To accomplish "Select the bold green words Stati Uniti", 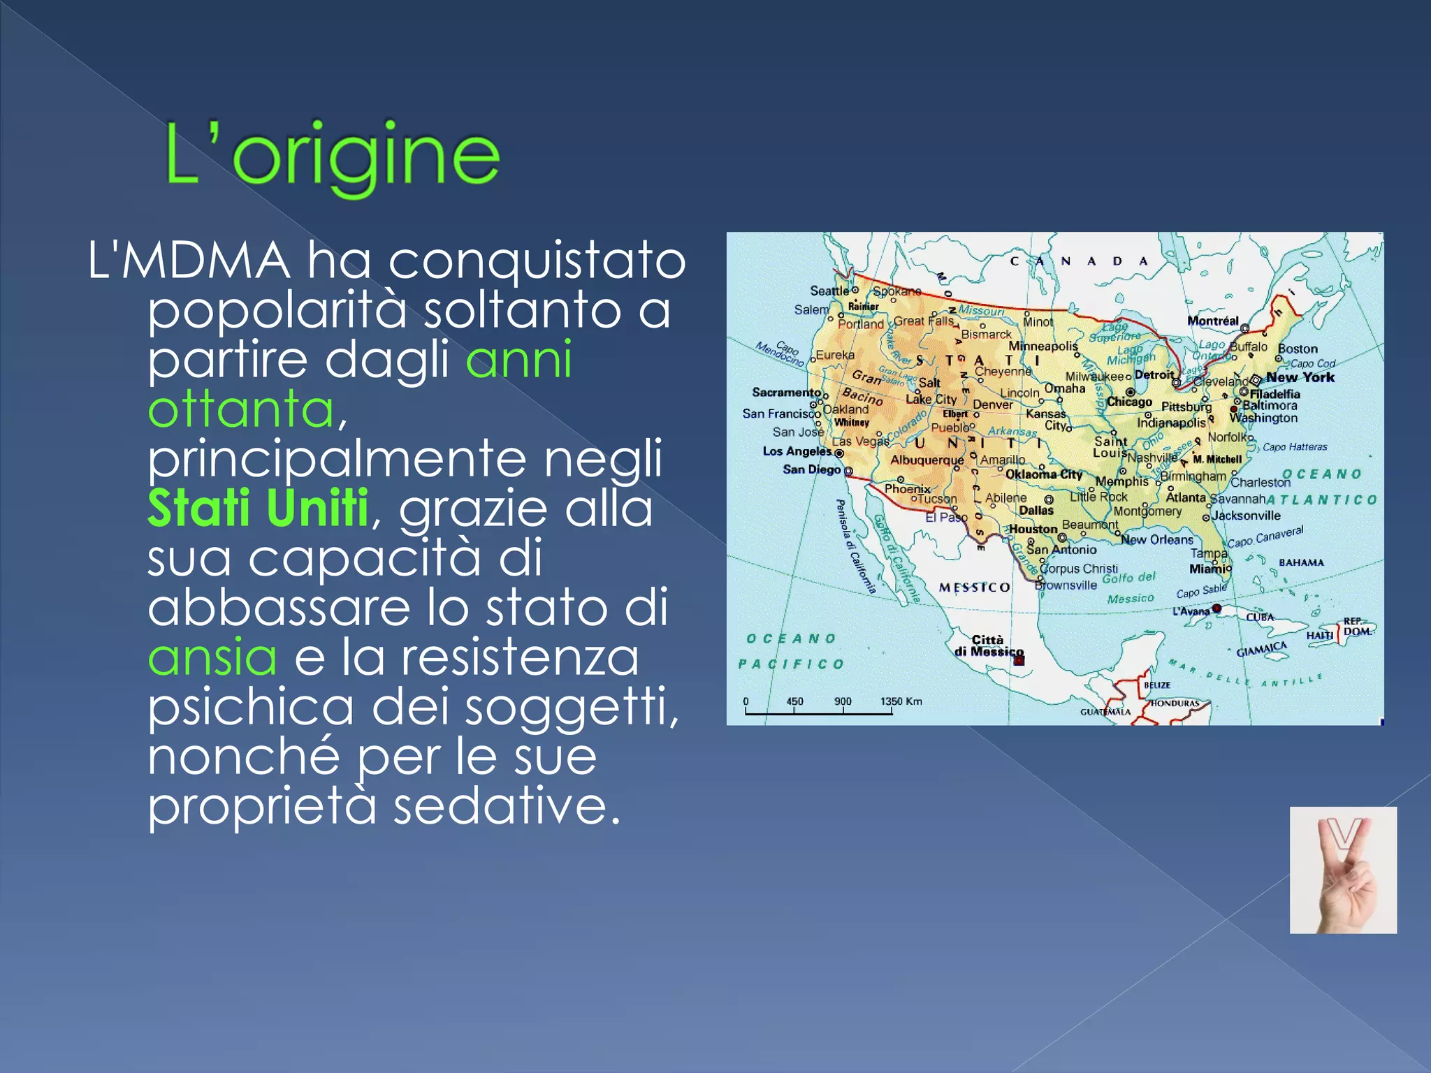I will [258, 509].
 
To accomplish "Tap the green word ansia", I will [212, 657].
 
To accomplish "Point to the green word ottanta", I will [242, 409].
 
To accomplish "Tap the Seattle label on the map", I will [829, 291].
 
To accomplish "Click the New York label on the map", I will [1300, 377].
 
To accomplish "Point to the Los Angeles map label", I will [797, 451].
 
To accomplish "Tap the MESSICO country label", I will [974, 587].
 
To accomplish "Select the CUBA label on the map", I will [1260, 618].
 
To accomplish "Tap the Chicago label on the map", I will [1129, 402].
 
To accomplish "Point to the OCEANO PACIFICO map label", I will [791, 651].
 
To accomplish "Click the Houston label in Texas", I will [1033, 529].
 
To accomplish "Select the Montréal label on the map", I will [1212, 321].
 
